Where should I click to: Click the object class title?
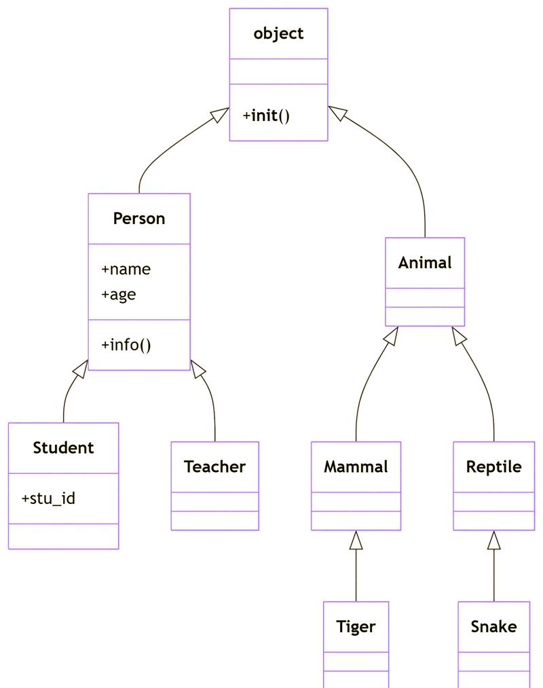coord(278,33)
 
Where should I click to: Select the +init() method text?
coord(266,115)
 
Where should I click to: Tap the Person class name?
coord(139,218)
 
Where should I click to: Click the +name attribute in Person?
coord(126,269)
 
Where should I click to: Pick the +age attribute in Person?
coord(119,294)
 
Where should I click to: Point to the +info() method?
coord(126,344)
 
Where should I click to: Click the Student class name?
coord(63,448)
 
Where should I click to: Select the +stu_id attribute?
coord(48,499)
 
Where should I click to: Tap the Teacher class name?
coord(214,467)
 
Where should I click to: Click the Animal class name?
coord(425,262)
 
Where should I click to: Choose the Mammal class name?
coord(356,467)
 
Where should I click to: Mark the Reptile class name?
coord(493,467)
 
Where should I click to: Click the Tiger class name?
coord(356,626)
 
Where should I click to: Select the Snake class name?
coord(493,626)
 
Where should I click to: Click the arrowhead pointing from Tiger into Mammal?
coord(356,540)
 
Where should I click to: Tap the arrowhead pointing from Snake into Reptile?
coord(493,540)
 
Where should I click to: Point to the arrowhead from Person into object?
coord(220,115)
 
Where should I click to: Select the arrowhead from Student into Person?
coord(81,369)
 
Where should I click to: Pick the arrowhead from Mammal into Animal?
coord(390,336)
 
